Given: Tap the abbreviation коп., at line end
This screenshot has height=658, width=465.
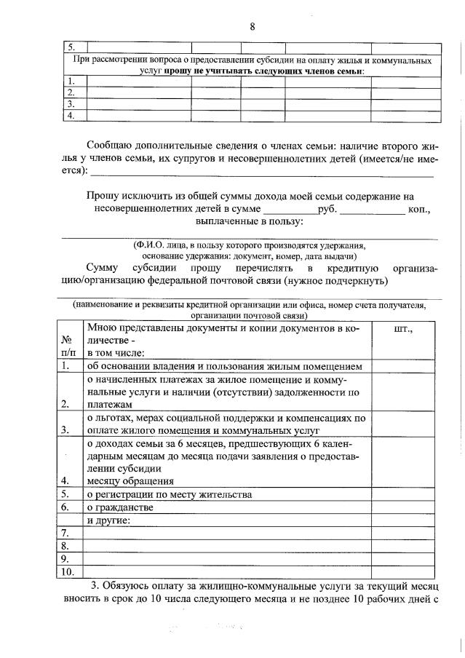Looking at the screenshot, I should (x=418, y=210).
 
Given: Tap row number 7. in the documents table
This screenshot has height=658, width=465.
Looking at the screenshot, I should (x=65, y=534).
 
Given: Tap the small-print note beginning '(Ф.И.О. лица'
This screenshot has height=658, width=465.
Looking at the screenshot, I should (x=250, y=246).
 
